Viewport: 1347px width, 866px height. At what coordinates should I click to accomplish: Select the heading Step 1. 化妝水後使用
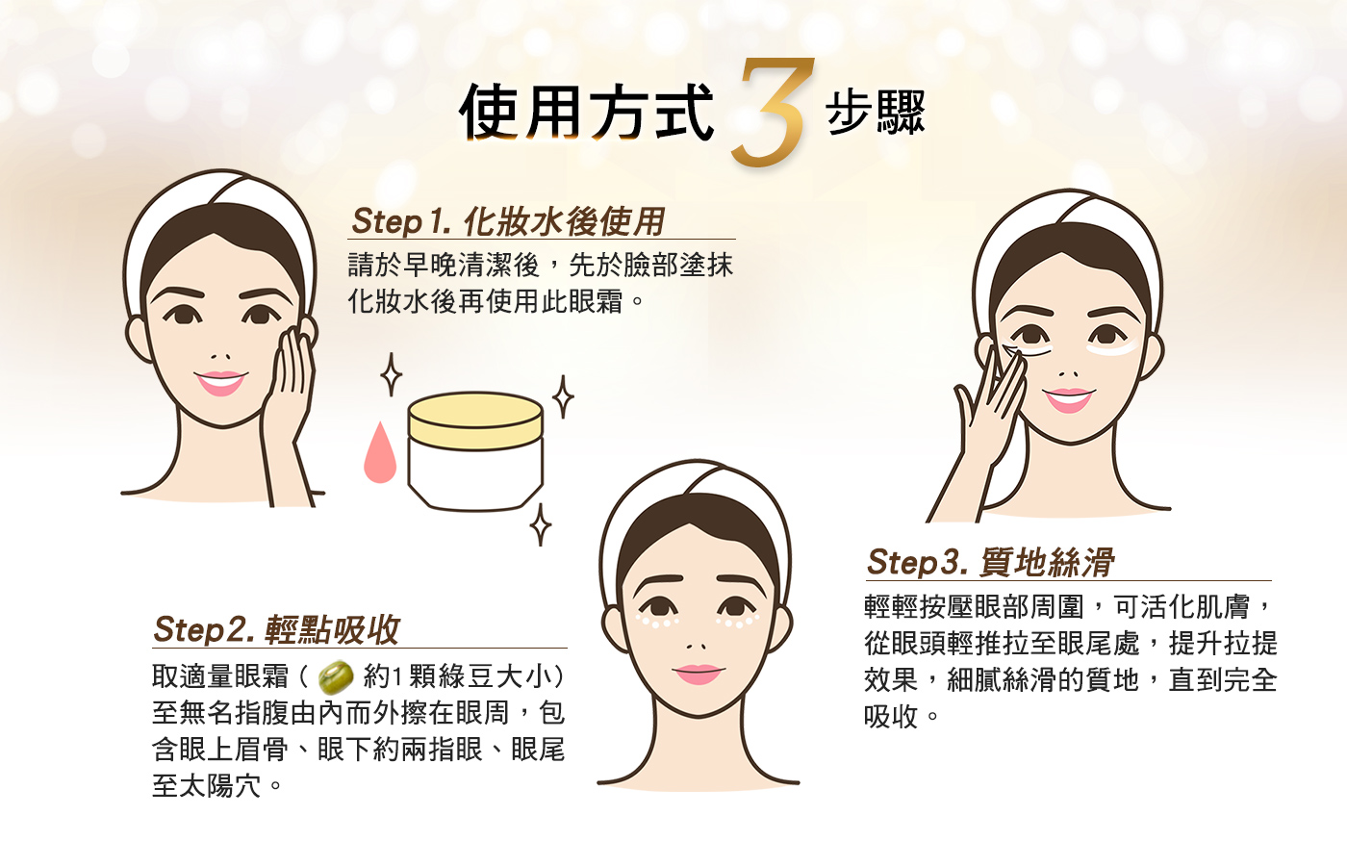(508, 221)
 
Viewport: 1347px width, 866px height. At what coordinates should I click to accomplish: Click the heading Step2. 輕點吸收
(276, 630)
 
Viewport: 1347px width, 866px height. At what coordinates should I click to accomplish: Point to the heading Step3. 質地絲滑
(990, 563)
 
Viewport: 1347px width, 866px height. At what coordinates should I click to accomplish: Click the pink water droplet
(379, 454)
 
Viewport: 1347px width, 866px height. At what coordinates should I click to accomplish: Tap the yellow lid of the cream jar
(475, 420)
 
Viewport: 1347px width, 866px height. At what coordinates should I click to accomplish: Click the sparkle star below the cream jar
(541, 525)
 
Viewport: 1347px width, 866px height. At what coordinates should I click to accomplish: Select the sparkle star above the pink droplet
(391, 375)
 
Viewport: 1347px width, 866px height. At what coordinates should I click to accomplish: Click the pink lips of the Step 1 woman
(220, 383)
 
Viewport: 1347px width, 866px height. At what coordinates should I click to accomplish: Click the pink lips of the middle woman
(698, 674)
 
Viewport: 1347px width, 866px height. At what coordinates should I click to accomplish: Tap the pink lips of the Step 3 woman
(1068, 398)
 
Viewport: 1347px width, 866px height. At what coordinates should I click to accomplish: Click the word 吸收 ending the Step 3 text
(891, 717)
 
